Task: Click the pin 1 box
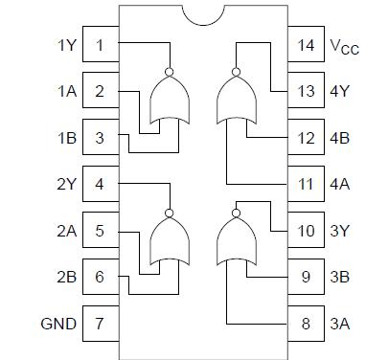pyautogui.click(x=101, y=46)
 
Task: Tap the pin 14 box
pyautogui.click(x=305, y=46)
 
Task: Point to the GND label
pyautogui.click(x=57, y=323)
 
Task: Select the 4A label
pyautogui.click(x=338, y=184)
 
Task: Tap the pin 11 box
pyautogui.click(x=305, y=184)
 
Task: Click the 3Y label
pyautogui.click(x=338, y=231)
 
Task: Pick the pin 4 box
pyautogui.click(x=101, y=184)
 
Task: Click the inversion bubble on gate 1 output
pyautogui.click(x=170, y=72)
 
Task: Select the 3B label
pyautogui.click(x=338, y=277)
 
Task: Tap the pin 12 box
pyautogui.click(x=305, y=138)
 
